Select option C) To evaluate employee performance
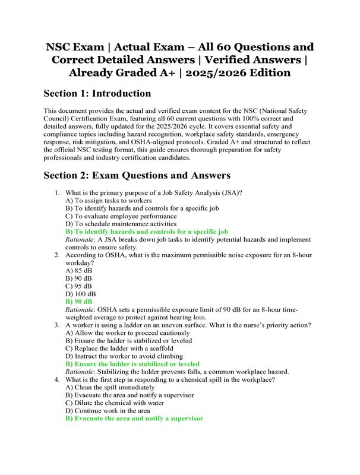[x=121, y=217]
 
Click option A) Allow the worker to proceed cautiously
[x=125, y=333]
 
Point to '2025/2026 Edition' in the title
[x=232, y=73]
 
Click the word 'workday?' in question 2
[x=83, y=261]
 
